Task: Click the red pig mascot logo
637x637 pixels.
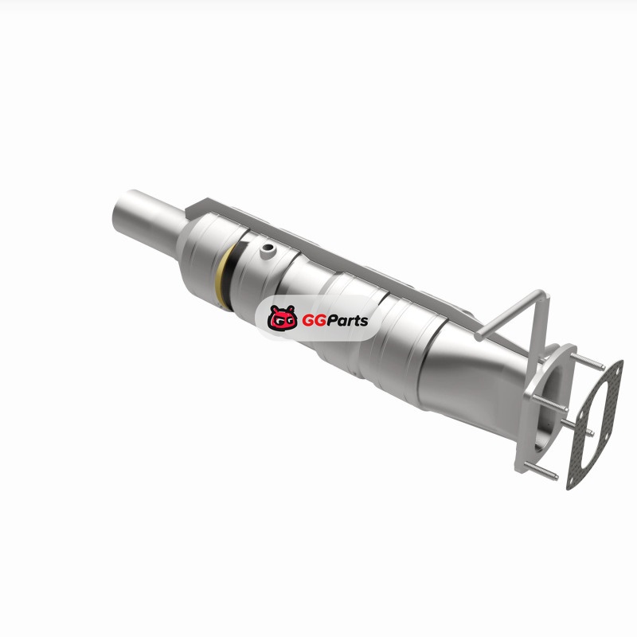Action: pos(283,317)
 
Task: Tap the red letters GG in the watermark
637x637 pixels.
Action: pos(314,321)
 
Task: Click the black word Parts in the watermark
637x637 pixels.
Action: pos(347,321)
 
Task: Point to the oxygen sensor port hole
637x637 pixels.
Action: pos(268,247)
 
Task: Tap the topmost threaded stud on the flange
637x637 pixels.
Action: pos(587,362)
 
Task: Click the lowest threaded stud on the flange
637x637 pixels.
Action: pos(541,471)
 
